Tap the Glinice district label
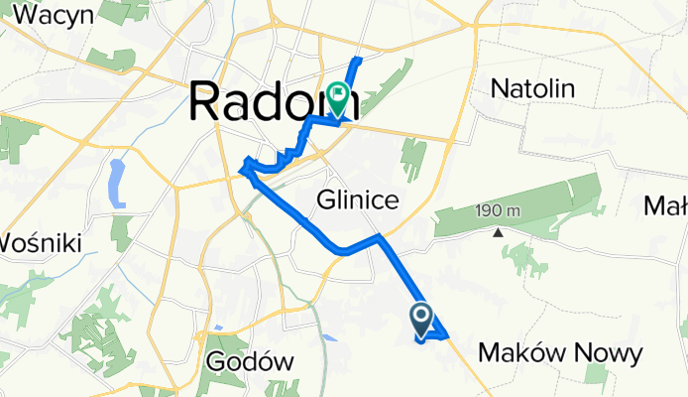pos(358,200)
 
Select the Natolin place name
pos(533,88)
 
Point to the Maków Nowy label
pos(560,352)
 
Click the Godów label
pos(252,362)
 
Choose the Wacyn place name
pos(55,15)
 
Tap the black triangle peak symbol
pos(499,233)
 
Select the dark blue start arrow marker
pos(420,319)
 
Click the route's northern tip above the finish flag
pos(358,62)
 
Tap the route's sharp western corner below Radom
pos(243,170)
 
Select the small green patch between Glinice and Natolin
pos(413,158)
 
